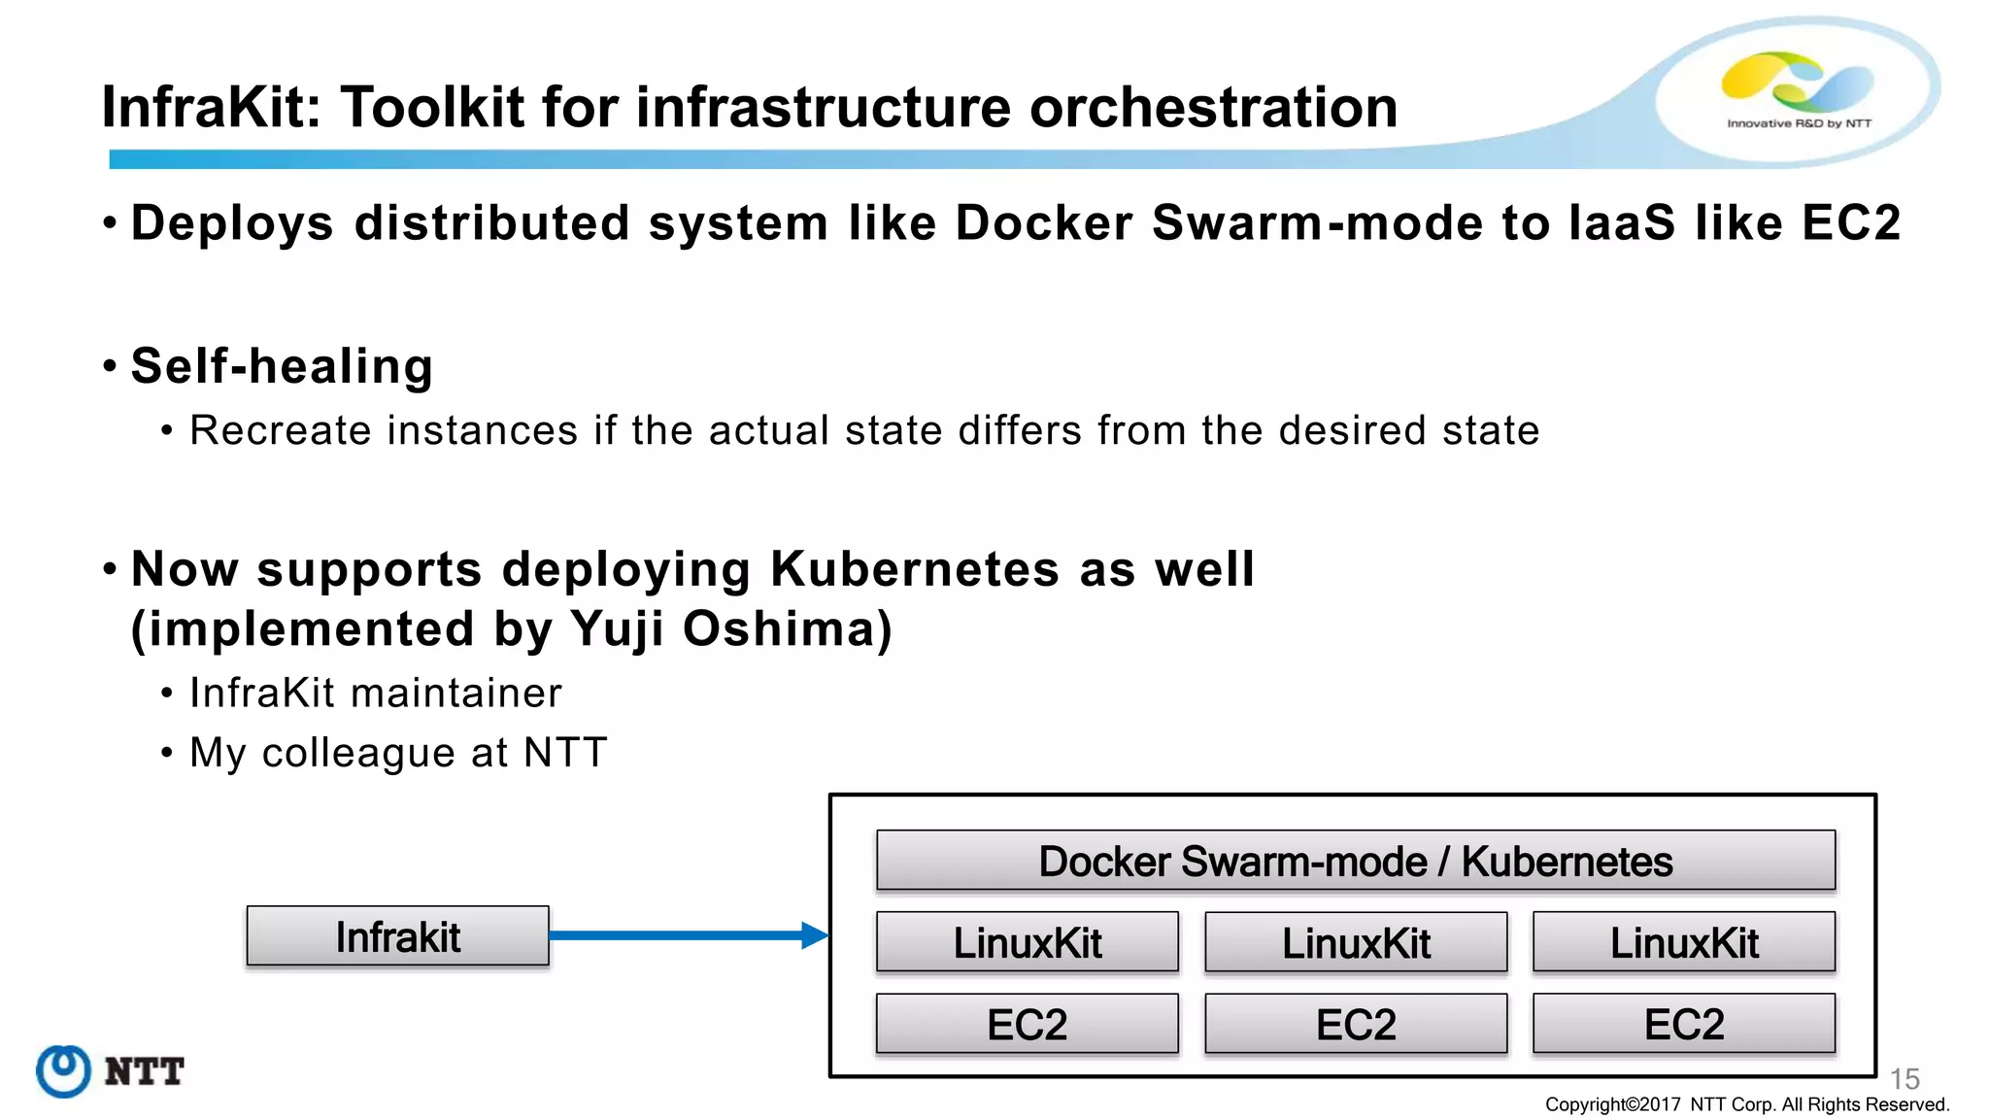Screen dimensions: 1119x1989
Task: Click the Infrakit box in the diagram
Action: point(397,936)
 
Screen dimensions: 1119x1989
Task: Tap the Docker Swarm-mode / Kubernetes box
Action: point(1355,861)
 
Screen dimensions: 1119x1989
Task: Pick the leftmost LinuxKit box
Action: point(1027,942)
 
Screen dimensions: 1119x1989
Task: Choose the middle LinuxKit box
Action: point(1355,942)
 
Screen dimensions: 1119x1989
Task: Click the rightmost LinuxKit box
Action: point(1683,942)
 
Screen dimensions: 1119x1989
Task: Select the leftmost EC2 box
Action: point(1027,1024)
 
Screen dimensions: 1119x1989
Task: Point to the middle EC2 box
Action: point(1355,1024)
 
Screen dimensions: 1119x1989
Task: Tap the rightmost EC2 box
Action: point(1683,1024)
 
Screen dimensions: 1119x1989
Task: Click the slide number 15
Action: point(1905,1079)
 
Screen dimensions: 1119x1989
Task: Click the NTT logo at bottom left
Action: point(109,1071)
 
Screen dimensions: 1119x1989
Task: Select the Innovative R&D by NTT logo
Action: point(1798,90)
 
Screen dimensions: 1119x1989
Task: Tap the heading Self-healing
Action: point(282,366)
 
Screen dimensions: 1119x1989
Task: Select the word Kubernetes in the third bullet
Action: point(914,568)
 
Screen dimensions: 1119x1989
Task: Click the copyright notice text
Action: point(1746,1104)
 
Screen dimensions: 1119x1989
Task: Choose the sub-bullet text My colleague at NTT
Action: point(398,753)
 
